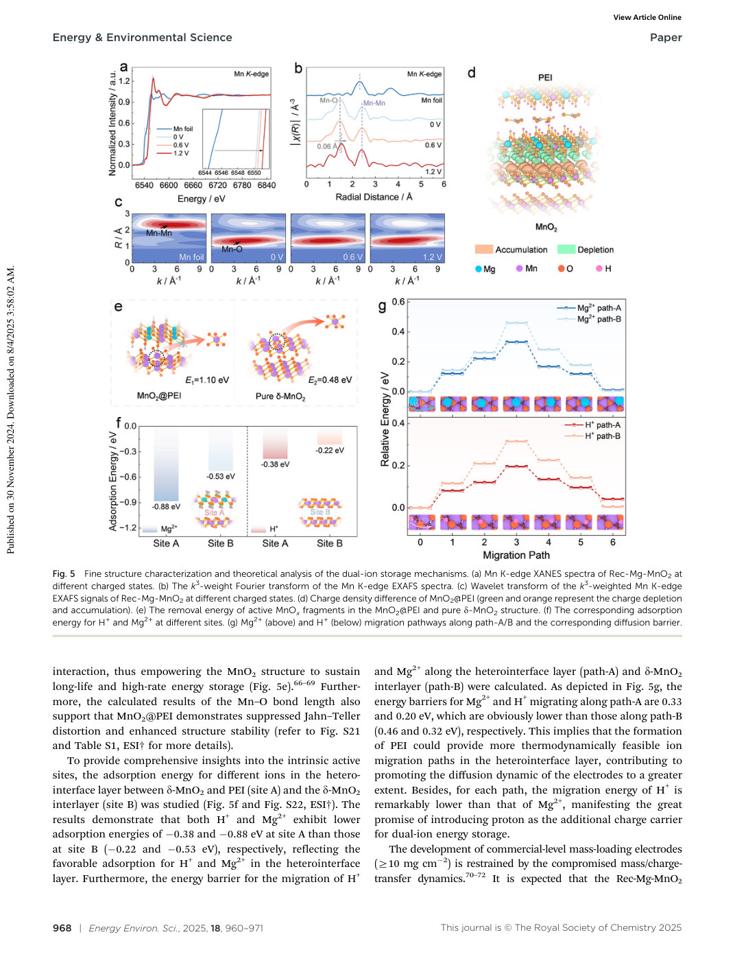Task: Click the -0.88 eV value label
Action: click(166, 506)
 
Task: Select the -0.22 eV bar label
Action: click(330, 450)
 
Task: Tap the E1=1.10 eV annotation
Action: click(207, 381)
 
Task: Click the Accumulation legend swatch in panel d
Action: click(483, 250)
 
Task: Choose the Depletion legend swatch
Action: click(566, 250)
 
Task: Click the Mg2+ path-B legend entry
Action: click(589, 319)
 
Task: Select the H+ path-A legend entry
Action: click(592, 425)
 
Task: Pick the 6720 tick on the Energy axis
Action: click(217, 185)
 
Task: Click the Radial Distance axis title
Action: click(374, 197)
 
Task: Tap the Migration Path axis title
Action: click(516, 555)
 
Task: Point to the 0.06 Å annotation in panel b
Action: click(327, 146)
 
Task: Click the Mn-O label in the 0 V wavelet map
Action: click(232, 249)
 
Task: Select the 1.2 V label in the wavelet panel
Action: click(433, 257)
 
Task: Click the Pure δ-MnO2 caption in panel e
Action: click(280, 396)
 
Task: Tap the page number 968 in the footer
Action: click(62, 927)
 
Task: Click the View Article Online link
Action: click(647, 18)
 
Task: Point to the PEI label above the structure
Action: click(545, 78)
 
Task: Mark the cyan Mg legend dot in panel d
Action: click(479, 269)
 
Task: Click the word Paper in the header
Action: click(666, 38)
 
